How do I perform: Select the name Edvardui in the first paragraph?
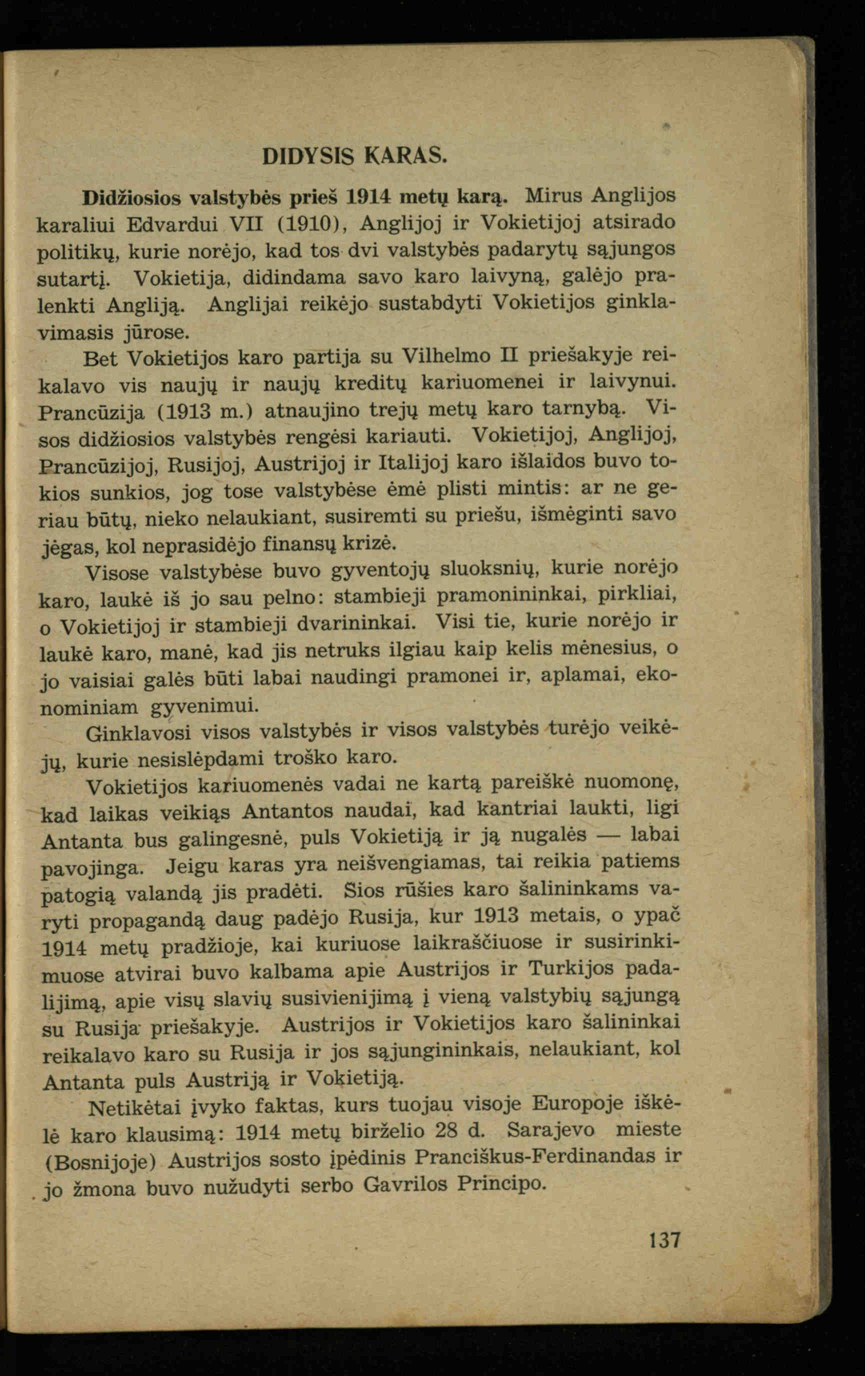[172, 224]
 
